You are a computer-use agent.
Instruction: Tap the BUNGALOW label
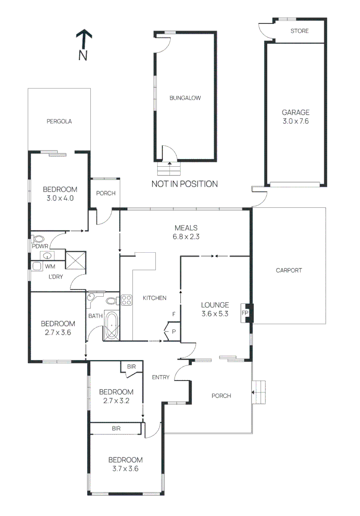[185, 98]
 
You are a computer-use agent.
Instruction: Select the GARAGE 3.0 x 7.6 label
[295, 117]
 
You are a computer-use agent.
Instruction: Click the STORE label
[299, 31]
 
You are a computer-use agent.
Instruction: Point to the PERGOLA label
[59, 121]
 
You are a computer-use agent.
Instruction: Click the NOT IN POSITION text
[185, 184]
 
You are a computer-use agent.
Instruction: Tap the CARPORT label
[289, 270]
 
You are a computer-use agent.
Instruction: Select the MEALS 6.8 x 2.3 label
[186, 232]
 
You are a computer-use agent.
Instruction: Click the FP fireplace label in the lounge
[245, 313]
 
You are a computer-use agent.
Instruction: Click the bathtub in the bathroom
[112, 325]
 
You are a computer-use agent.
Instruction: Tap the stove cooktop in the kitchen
[127, 300]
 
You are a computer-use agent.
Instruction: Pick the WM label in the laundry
[50, 266]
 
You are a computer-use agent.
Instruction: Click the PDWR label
[40, 246]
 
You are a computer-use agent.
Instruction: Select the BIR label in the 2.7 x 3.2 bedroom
[131, 366]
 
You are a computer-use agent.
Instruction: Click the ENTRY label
[161, 377]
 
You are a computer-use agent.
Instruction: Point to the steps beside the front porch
[259, 392]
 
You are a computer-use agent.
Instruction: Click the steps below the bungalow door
[169, 169]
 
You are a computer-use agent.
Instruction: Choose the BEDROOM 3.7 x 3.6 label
[125, 464]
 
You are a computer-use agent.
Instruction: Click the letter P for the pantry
[174, 332]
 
